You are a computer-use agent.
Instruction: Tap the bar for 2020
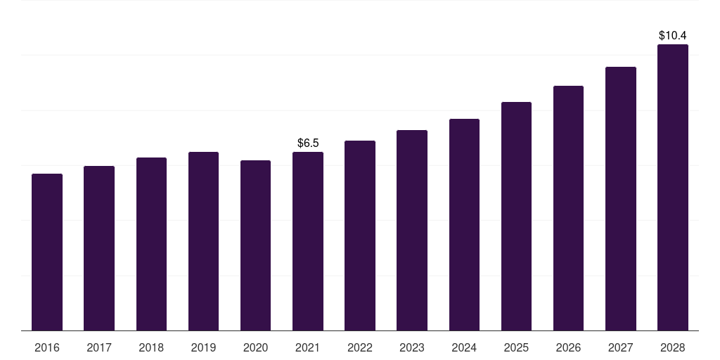coord(255,245)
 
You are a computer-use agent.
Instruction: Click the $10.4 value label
coord(673,35)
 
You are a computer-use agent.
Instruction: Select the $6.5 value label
coord(308,143)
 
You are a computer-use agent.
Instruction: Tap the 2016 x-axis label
coord(47,347)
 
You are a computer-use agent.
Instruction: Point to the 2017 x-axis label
coord(99,347)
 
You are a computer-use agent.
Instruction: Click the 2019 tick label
coord(203,347)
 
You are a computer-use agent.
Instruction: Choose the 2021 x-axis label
coord(308,347)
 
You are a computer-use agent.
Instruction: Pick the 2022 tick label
coord(360,347)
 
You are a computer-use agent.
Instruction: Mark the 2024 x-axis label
coord(464,347)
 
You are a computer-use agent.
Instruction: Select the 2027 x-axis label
coord(620,347)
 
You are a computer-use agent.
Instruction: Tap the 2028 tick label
coord(673,347)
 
